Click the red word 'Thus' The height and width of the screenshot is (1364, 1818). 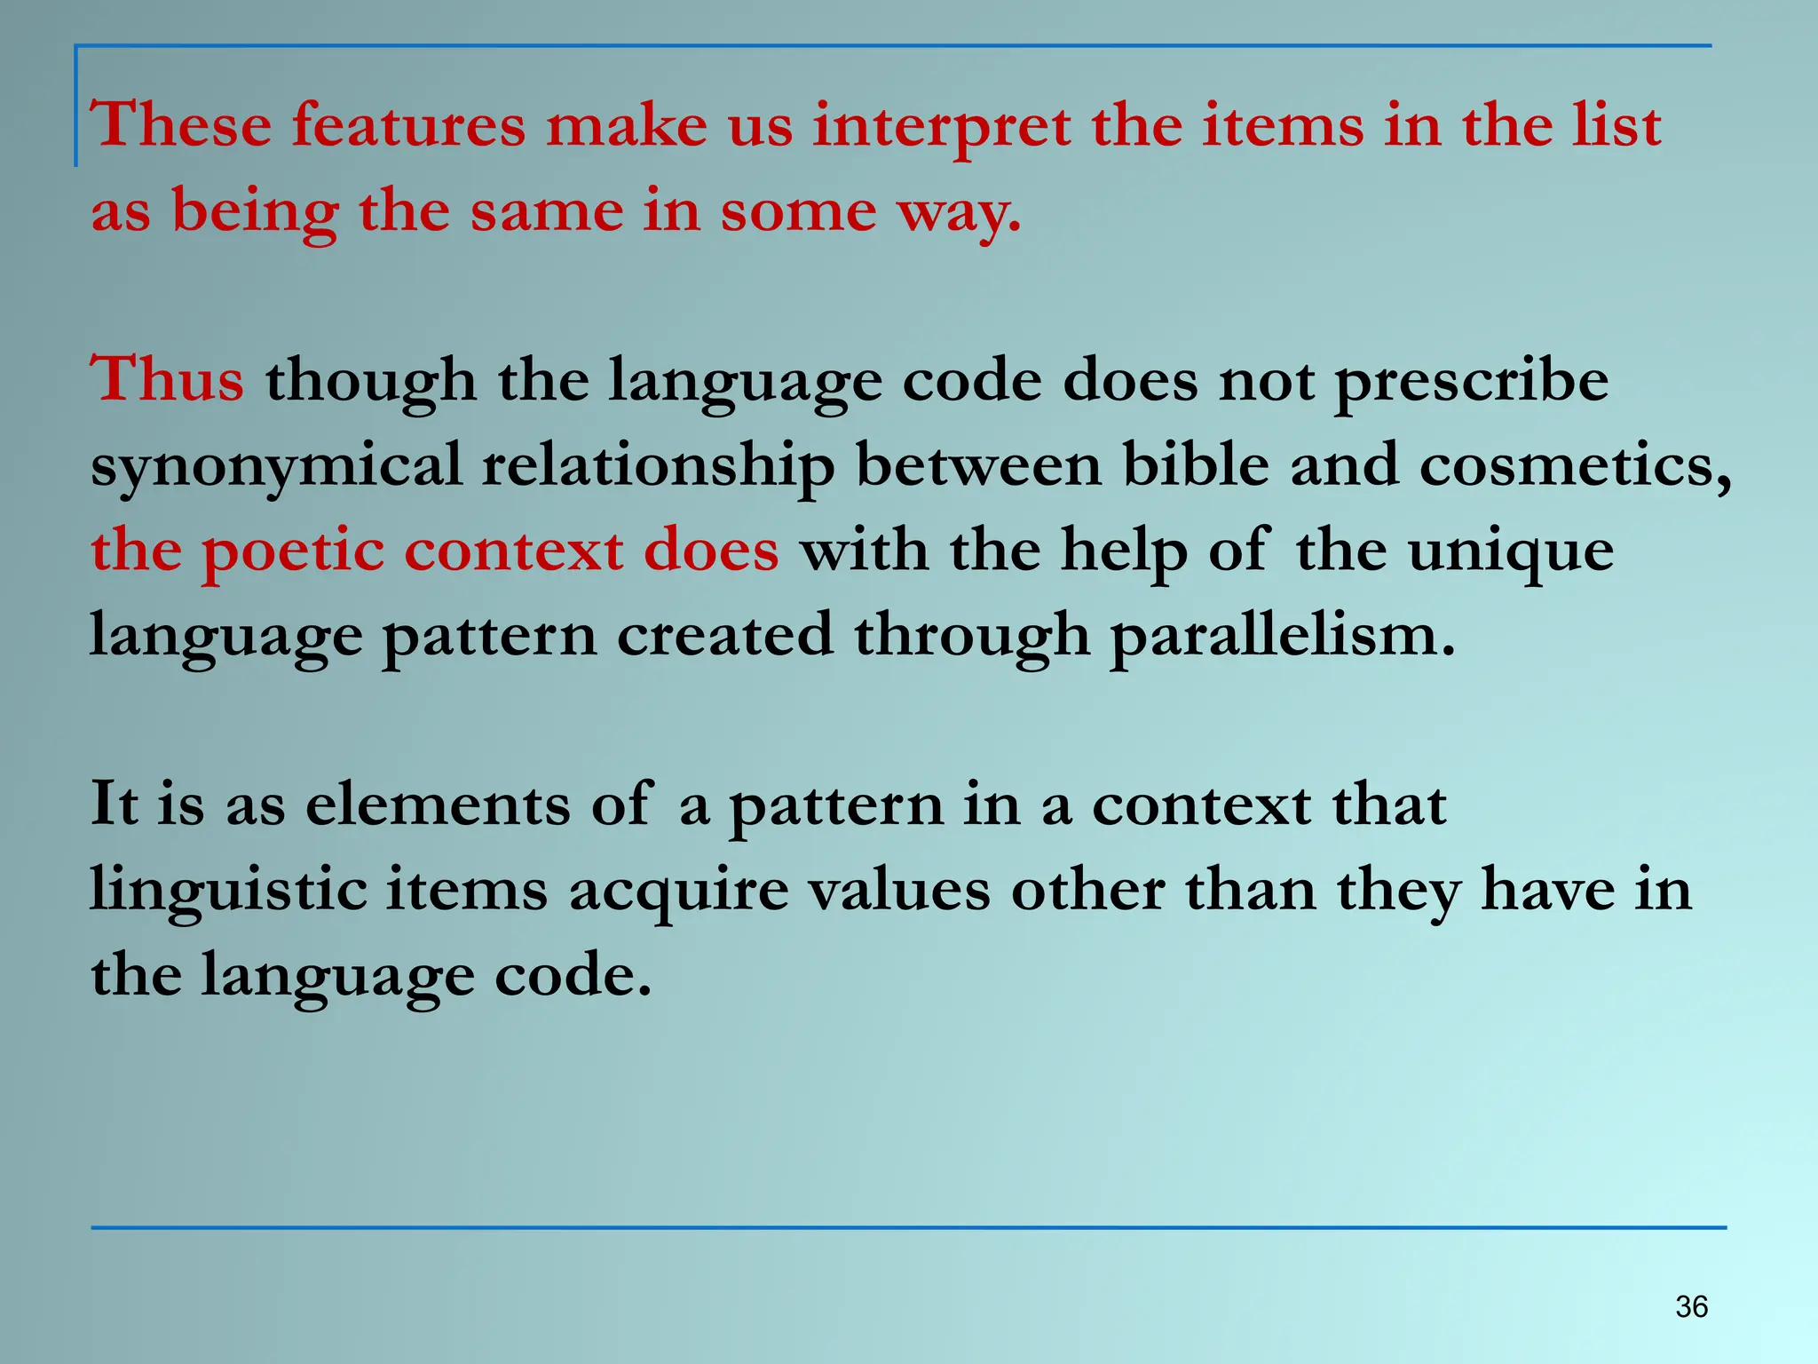click(x=167, y=379)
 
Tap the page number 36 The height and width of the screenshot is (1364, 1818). click(x=1691, y=1306)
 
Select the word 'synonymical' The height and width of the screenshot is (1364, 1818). click(x=276, y=466)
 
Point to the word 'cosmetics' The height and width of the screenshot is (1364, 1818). click(x=1571, y=464)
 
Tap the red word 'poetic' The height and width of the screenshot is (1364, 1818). click(x=293, y=551)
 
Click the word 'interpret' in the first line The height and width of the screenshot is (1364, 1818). click(x=942, y=126)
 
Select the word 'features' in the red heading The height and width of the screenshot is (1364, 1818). click(x=409, y=124)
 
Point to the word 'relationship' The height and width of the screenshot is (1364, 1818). click(x=658, y=466)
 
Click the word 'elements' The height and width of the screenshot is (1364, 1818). click(x=438, y=805)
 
